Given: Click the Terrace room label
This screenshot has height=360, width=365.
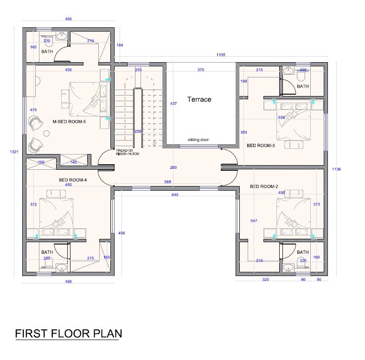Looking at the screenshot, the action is click(199, 99).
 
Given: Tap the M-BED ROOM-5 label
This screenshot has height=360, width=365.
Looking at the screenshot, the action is click(69, 122).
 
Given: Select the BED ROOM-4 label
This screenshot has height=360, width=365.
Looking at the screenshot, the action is click(73, 180).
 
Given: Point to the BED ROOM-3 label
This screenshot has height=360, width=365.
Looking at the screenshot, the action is click(261, 146).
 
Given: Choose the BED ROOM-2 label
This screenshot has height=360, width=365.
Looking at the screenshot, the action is click(264, 186).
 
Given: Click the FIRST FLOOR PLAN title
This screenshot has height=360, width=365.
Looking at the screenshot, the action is click(69, 334).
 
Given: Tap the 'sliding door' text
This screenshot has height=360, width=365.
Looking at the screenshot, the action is click(198, 140).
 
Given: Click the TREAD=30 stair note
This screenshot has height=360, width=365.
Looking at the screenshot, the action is click(124, 150).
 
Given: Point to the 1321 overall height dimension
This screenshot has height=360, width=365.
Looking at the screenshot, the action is click(14, 152).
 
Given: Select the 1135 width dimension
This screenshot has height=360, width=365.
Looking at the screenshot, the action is click(221, 55).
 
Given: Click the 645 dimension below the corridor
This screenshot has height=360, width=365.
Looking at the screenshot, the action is click(175, 195).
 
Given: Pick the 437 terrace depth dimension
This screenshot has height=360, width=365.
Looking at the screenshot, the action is click(173, 103).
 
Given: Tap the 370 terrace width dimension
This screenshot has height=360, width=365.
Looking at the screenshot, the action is click(201, 70).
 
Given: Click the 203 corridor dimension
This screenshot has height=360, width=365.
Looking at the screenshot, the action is click(173, 167).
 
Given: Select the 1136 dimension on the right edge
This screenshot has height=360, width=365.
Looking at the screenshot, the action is click(337, 169).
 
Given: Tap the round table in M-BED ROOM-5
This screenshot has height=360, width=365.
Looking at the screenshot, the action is click(47, 134).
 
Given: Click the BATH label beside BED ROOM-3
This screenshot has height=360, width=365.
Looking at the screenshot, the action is click(303, 86).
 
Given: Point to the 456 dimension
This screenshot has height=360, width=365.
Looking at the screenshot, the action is click(122, 233).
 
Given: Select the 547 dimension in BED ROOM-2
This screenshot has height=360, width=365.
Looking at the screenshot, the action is click(254, 221).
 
